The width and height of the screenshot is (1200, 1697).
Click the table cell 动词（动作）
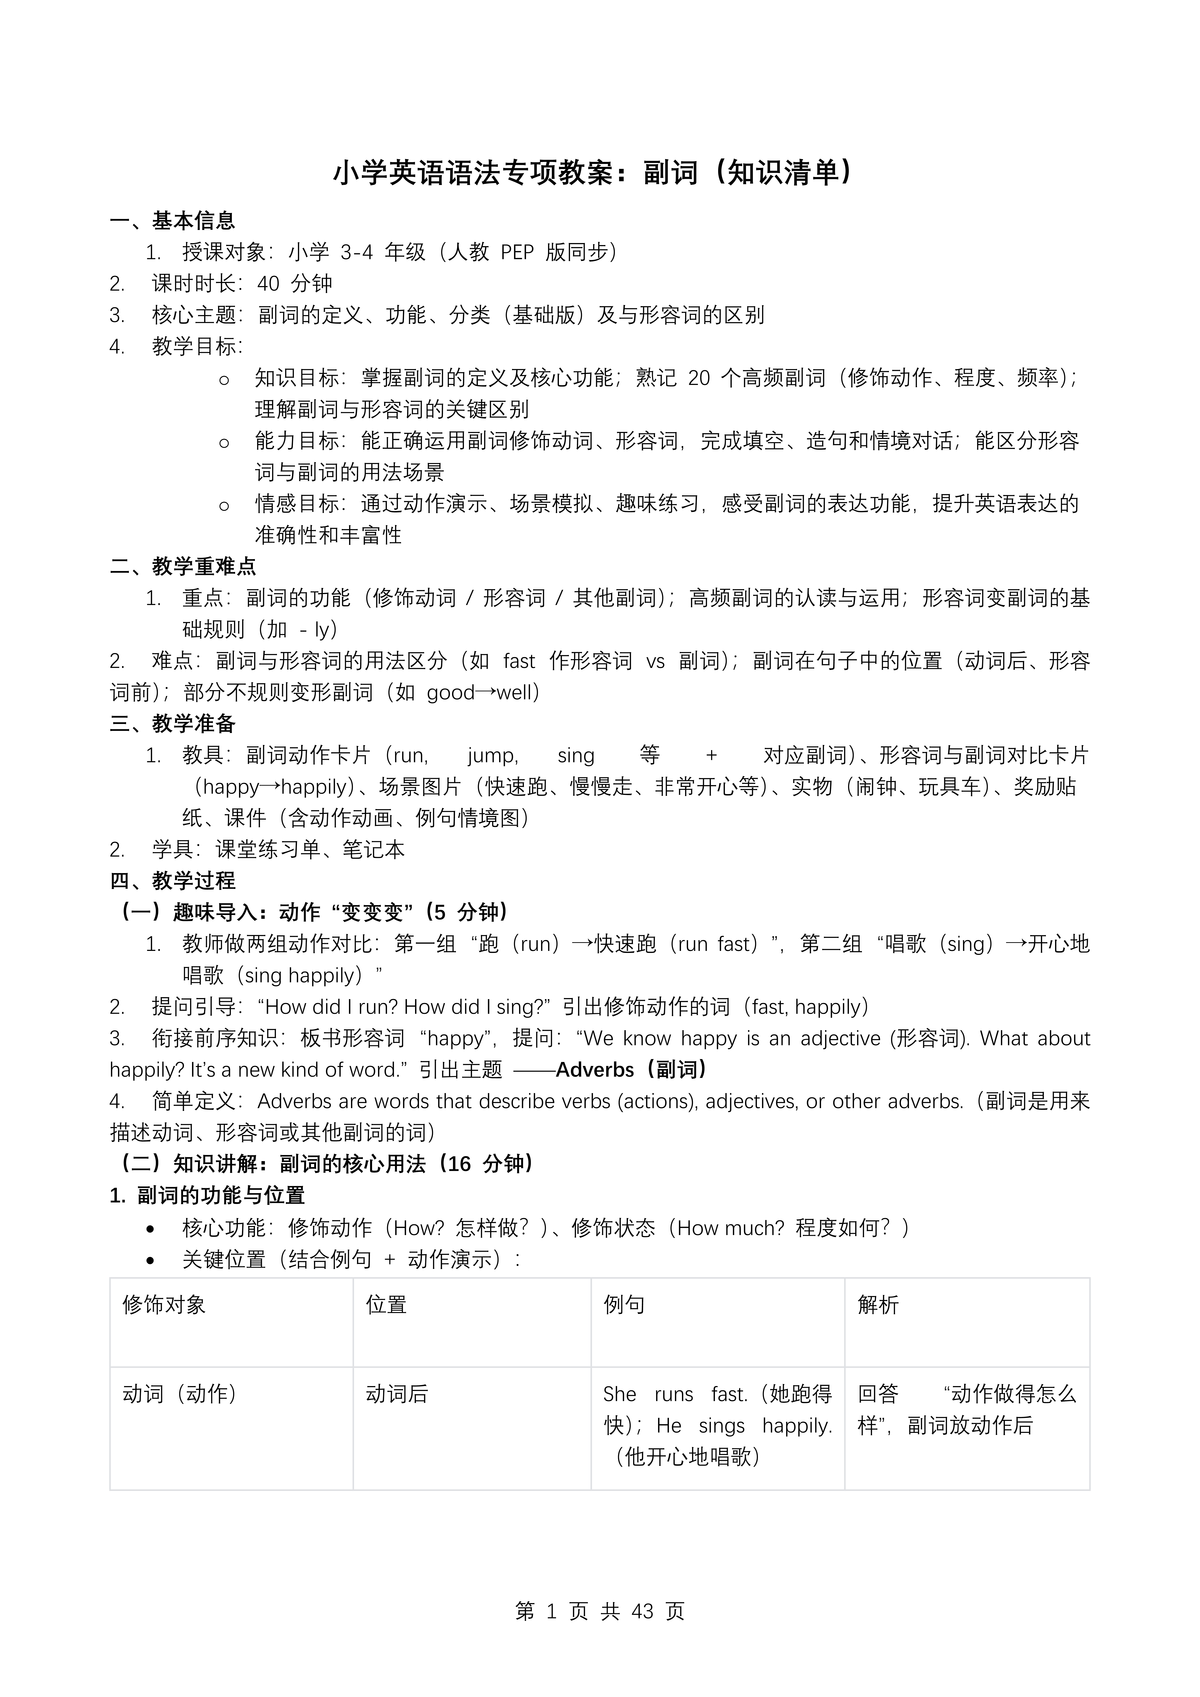(x=180, y=1394)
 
